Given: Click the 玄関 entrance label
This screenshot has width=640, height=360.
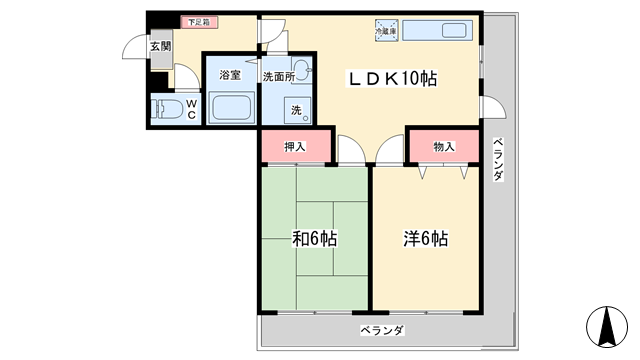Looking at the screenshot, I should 161,46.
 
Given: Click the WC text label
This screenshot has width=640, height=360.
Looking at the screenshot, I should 189,107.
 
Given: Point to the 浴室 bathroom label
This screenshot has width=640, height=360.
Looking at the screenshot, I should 231,75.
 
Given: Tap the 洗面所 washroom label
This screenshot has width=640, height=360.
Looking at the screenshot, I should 278,75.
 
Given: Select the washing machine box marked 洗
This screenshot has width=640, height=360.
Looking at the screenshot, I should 297,109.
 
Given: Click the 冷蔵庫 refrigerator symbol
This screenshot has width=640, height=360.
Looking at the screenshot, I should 386,30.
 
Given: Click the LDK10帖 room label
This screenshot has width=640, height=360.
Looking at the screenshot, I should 392,77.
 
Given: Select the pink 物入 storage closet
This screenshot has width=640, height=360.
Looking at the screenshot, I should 443,147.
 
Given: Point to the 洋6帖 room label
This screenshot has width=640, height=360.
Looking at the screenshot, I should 425,239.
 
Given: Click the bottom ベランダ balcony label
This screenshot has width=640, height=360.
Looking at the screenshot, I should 383,330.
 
